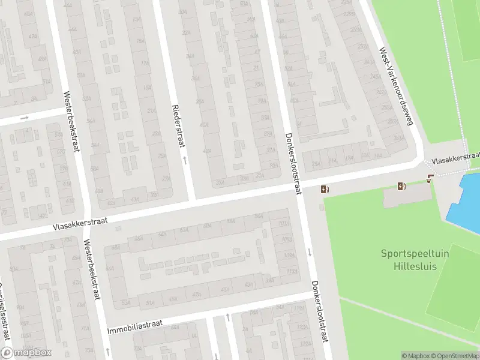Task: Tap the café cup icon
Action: tap(430, 178)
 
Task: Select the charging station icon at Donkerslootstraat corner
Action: tap(325, 190)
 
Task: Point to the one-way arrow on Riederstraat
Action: tap(185, 160)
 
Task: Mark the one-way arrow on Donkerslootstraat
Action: tap(310, 251)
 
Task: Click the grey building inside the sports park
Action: tap(407, 196)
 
